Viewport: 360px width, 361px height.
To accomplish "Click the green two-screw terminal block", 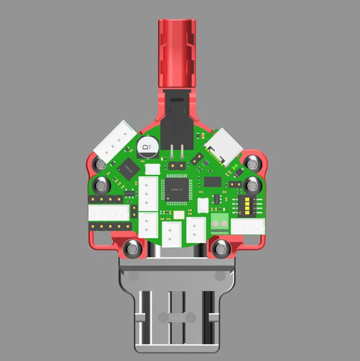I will pyautogui.click(x=219, y=220).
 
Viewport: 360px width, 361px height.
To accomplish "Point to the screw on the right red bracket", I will pyautogui.click(x=252, y=185).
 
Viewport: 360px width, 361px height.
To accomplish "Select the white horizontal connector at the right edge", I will pyautogui.click(x=247, y=226).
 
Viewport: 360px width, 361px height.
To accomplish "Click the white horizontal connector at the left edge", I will pyautogui.click(x=108, y=213).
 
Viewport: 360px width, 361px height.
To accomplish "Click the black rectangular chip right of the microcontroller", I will pyautogui.click(x=212, y=181).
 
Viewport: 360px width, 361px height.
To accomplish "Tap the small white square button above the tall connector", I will pyautogui.click(x=152, y=170).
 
